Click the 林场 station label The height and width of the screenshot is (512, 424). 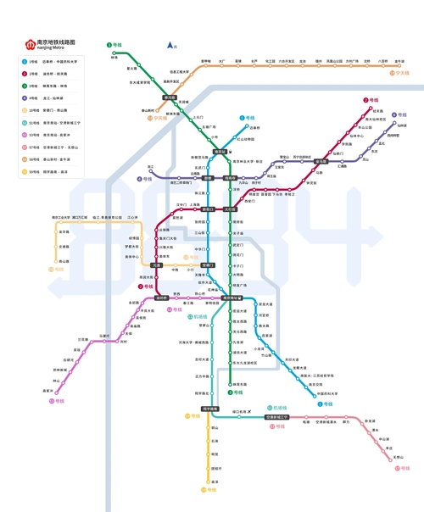click(x=114, y=58)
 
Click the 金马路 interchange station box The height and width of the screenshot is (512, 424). click(x=321, y=161)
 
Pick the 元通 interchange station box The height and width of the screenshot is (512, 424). click(x=157, y=265)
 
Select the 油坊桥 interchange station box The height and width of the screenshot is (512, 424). click(x=161, y=298)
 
